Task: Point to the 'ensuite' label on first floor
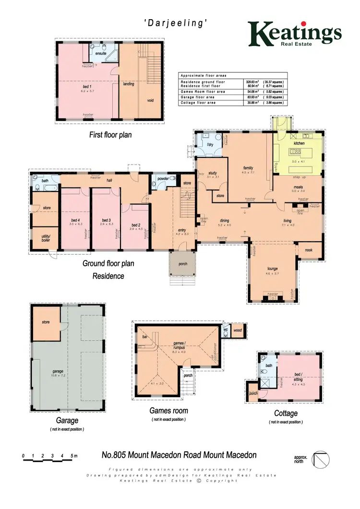[x=101, y=54]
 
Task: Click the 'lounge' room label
[x=272, y=269]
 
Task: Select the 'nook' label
[x=306, y=249]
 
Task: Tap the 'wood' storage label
[x=237, y=331]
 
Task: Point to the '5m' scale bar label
[x=73, y=455]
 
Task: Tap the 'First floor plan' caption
[x=110, y=135]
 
